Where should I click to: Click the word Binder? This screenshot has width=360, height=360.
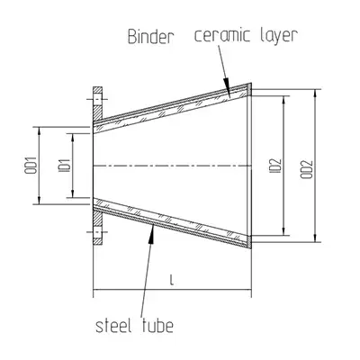[x=147, y=39]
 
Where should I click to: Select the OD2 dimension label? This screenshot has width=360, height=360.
[x=307, y=166]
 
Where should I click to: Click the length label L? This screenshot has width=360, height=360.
[x=171, y=283]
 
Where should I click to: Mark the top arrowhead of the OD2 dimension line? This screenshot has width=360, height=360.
[x=316, y=92]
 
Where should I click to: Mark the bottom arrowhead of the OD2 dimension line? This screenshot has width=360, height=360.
[x=316, y=238]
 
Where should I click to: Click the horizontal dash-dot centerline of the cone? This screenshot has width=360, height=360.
[x=171, y=166]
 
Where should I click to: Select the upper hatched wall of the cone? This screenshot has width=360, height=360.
[x=171, y=105]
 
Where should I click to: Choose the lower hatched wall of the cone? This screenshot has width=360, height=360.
[x=171, y=224]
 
